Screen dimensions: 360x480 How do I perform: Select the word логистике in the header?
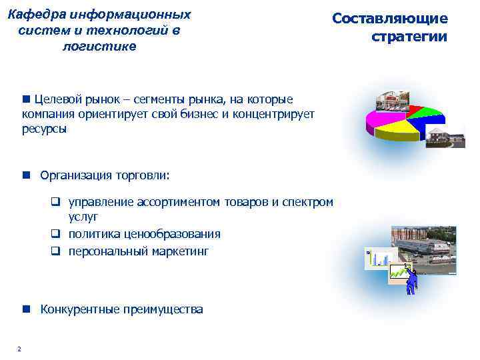pyautogui.click(x=99, y=46)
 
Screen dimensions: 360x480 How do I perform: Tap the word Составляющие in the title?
pyautogui.click(x=390, y=19)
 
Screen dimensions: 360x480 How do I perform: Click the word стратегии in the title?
pyautogui.click(x=409, y=37)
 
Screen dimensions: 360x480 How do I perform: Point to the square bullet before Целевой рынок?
pyautogui.click(x=26, y=99)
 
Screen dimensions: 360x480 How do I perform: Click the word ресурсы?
pyautogui.click(x=44, y=129)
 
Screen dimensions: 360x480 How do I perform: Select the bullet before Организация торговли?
pyautogui.click(x=26, y=175)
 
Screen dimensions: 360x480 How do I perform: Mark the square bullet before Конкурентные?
pyautogui.click(x=26, y=309)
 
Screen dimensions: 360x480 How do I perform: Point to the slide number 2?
pyautogui.click(x=19, y=349)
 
